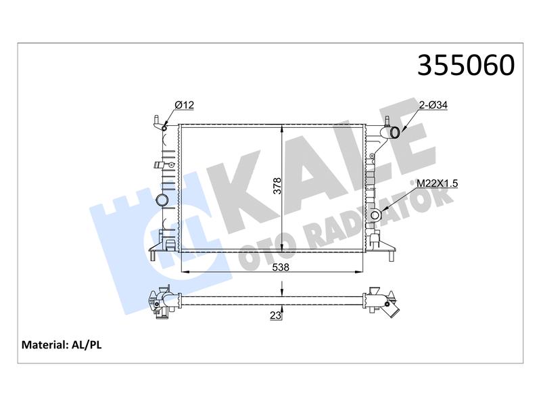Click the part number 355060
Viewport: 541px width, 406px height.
[x=466, y=65]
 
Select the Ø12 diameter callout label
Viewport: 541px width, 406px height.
[x=184, y=105]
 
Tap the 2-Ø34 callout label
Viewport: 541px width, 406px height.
[x=433, y=105]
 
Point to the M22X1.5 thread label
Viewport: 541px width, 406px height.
[x=437, y=183]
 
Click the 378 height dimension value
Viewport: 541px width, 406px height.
[x=278, y=185]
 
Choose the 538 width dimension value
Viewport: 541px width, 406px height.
[x=281, y=267]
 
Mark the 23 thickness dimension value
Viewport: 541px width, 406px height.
[x=275, y=315]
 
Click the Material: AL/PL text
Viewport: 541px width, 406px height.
[x=62, y=344]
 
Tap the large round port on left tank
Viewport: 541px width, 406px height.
[x=162, y=200]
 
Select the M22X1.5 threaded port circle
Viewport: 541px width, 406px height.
[x=375, y=215]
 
